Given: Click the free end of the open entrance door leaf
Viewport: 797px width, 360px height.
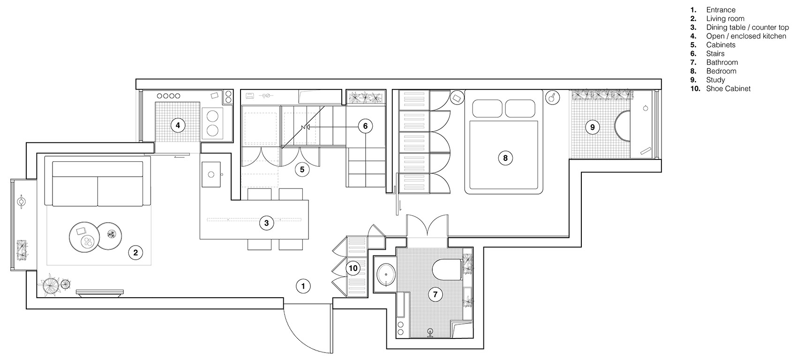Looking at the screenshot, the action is coord(332,353).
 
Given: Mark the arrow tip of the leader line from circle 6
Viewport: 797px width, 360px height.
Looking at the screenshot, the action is coord(302,127).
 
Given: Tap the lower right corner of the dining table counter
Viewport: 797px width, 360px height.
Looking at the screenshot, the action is coord(308,239).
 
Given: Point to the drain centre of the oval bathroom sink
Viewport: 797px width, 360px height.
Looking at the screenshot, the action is coord(385,275).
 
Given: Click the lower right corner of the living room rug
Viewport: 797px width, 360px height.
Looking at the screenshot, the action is coord(151,265).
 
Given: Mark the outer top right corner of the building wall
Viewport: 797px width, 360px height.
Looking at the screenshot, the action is coord(662,79).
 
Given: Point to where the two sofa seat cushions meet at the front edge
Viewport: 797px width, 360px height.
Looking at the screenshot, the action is coord(98,206).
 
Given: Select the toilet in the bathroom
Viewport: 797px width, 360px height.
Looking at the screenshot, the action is coord(447,269).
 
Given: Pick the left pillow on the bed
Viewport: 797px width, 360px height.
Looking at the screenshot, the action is coord(487,108).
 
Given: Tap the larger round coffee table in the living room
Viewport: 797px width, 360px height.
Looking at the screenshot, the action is coord(83,237).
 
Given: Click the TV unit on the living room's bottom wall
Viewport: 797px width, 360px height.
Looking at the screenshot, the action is coord(100,293).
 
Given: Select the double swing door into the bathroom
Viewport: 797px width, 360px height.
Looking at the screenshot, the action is coord(427,225).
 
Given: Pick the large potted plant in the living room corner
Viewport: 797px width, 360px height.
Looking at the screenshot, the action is coord(49,285).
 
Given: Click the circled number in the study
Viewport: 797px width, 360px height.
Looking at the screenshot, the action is coord(593,127).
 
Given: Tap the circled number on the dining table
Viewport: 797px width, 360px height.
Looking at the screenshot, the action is coord(266,224).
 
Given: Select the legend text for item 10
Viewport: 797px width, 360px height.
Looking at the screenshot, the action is coord(728,89).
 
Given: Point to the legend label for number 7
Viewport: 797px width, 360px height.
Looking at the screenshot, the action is coord(722,62).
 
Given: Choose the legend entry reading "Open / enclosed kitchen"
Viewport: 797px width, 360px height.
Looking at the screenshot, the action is coord(746,36).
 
